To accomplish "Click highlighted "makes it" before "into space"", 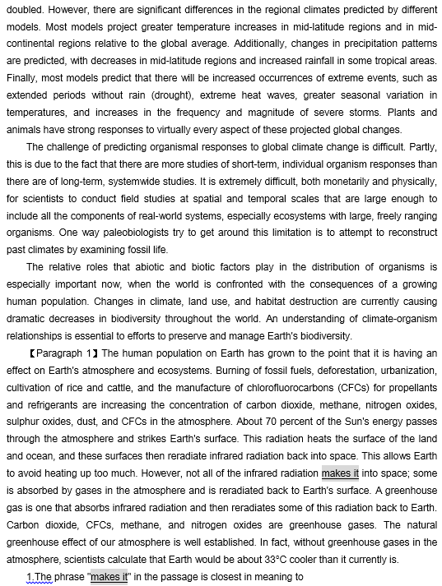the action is coord(340,473).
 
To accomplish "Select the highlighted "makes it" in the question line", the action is coord(109,577).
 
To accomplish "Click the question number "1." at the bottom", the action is coord(30,577).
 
